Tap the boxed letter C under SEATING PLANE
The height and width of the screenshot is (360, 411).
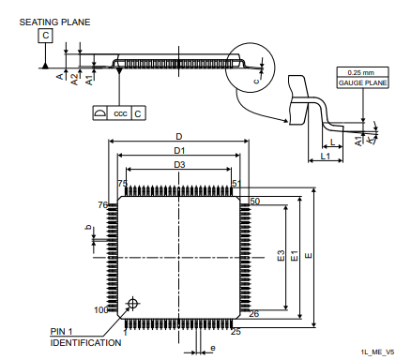[45, 37]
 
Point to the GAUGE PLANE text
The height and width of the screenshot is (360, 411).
[360, 82]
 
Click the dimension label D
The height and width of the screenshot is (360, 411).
[178, 136]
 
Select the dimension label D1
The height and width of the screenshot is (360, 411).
[178, 150]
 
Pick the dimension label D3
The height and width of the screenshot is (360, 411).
[178, 165]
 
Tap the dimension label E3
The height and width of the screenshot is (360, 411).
[281, 256]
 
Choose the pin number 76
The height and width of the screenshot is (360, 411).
[103, 204]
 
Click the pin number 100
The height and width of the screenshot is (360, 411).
[100, 309]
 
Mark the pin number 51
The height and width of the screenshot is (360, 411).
[236, 184]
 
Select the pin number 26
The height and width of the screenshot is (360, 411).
[253, 313]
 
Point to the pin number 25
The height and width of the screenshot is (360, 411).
[236, 331]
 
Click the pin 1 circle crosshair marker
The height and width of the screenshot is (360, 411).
[131, 303]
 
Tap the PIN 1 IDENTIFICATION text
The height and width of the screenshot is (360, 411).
[84, 337]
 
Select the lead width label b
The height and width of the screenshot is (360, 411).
[88, 228]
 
